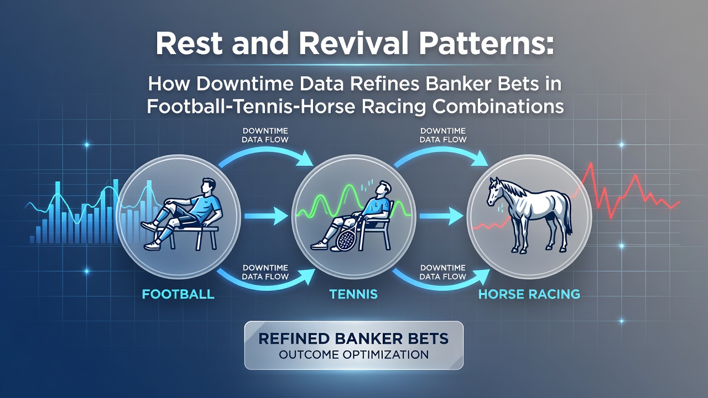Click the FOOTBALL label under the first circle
pyautogui.click(x=178, y=294)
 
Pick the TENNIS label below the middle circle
pyautogui.click(x=353, y=294)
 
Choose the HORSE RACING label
pyautogui.click(x=529, y=294)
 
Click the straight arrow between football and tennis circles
pyautogui.click(x=266, y=216)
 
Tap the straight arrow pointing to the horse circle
pyautogui.click(x=441, y=216)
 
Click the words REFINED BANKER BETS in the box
pyautogui.click(x=353, y=339)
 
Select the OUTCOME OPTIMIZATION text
pyautogui.click(x=353, y=355)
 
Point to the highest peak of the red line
pyautogui.click(x=590, y=163)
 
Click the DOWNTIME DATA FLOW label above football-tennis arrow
pyautogui.click(x=265, y=135)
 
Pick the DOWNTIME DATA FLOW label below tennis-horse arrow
pyautogui.click(x=443, y=273)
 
